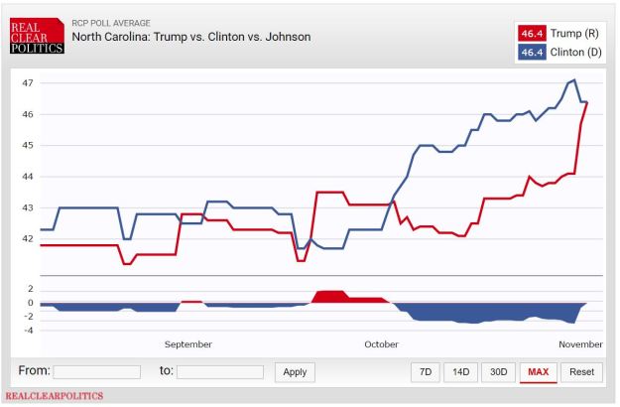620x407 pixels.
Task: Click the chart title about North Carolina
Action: tap(191, 37)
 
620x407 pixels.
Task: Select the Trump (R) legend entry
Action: tap(560, 34)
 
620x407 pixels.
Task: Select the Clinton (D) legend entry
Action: tap(560, 51)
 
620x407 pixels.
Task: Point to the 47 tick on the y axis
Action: tap(28, 82)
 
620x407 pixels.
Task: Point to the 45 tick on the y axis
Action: tap(28, 145)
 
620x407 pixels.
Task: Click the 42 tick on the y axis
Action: tap(28, 239)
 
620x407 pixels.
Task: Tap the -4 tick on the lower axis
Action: tap(30, 330)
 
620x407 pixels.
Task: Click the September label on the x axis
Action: tap(187, 344)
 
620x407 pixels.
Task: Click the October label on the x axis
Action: tap(381, 344)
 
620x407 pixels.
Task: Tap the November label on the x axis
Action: tap(579, 344)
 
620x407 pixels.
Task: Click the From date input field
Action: tap(96, 372)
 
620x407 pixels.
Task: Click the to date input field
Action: tap(219, 372)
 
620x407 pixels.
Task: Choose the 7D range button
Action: tap(426, 372)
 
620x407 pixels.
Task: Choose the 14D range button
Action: tap(460, 372)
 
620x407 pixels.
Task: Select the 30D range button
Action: tap(498, 372)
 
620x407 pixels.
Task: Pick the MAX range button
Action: tap(538, 372)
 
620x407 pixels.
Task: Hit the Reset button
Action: tap(582, 372)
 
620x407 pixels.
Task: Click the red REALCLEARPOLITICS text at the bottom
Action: tap(54, 396)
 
